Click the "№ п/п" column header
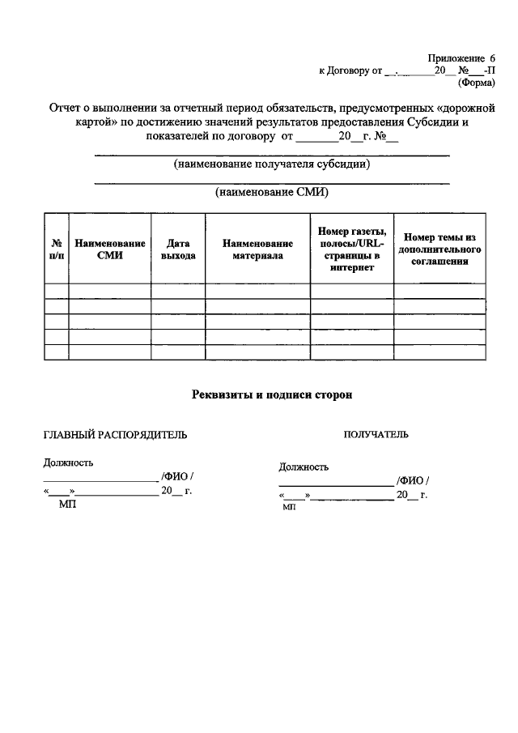coord(57,249)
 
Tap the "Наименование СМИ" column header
coord(109,249)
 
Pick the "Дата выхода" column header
coord(178,249)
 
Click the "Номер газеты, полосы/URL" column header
coord(351,249)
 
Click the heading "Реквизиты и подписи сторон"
coord(272,394)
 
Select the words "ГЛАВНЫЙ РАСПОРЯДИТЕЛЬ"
coord(115,435)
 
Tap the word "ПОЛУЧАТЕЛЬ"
coord(376,435)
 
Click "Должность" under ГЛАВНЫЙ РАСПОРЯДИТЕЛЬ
coord(68,462)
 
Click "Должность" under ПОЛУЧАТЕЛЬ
coord(304,467)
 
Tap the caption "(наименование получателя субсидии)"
coord(272,164)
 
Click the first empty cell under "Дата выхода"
coord(178,291)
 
